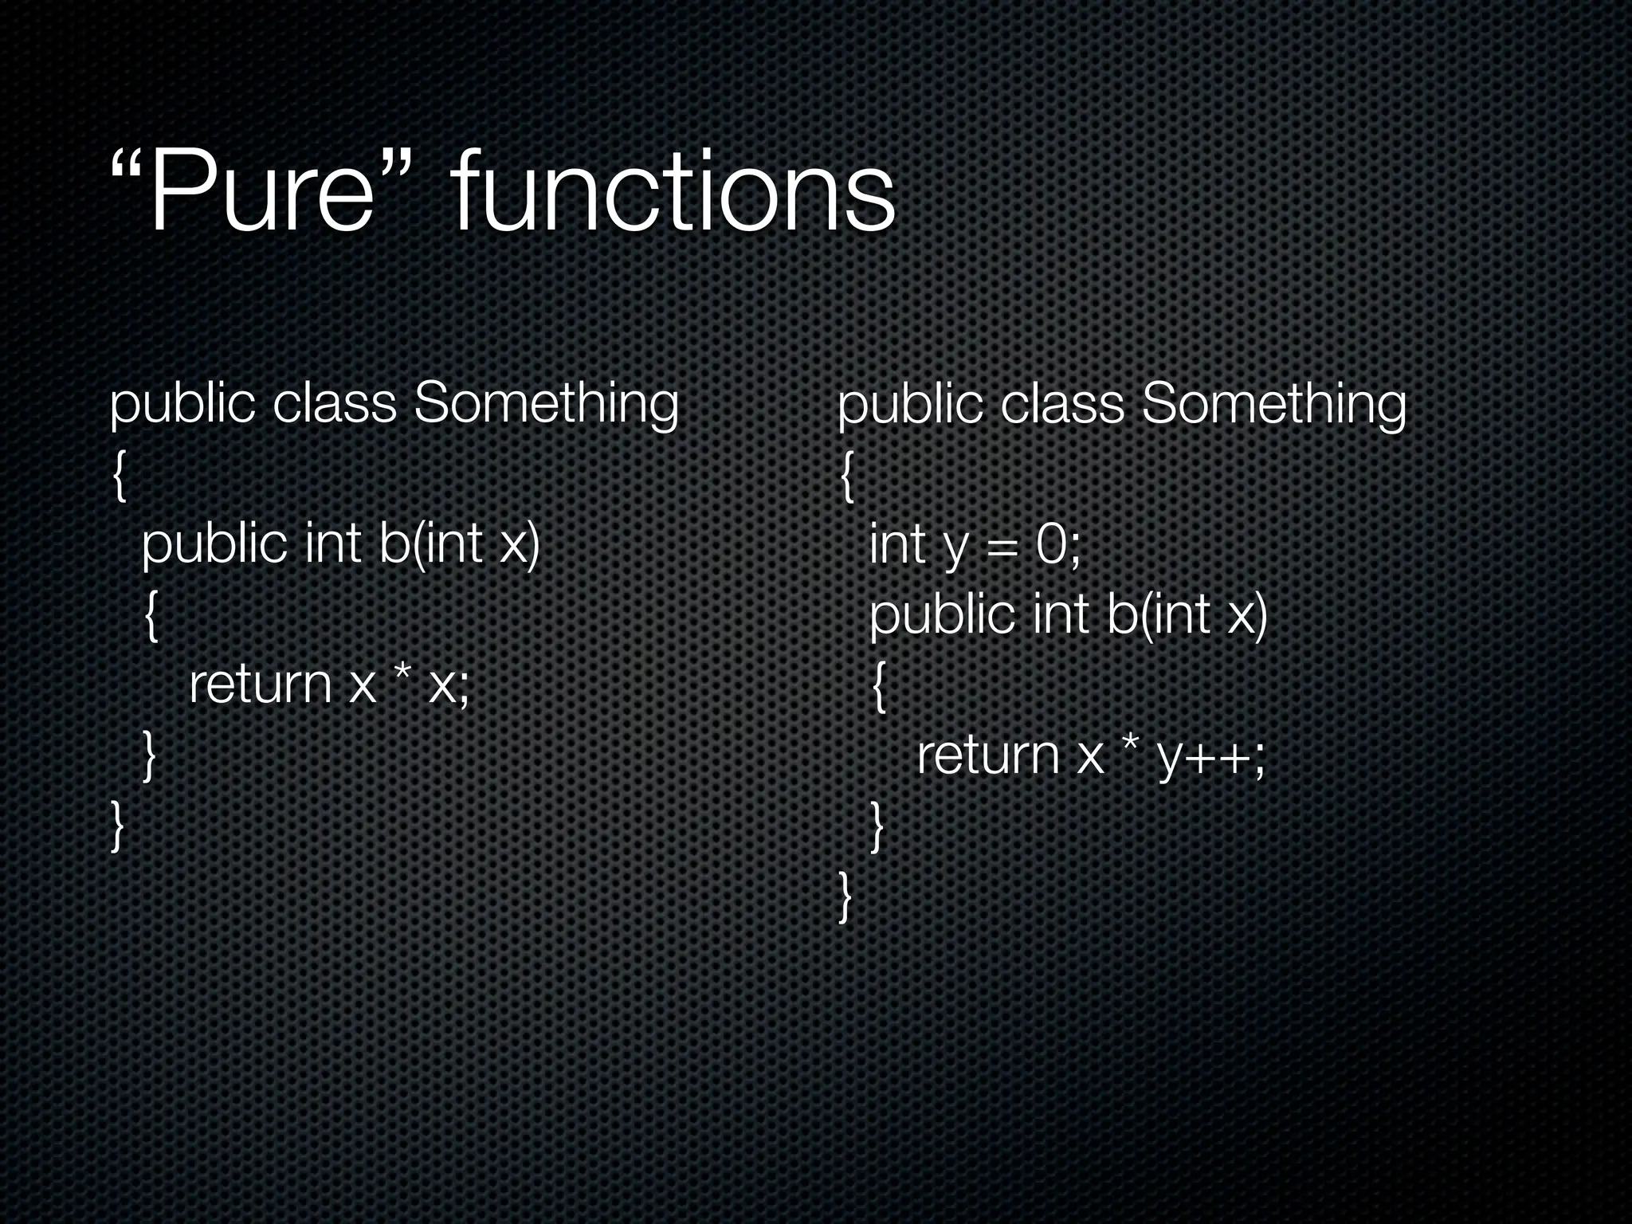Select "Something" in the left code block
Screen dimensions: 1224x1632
click(x=546, y=404)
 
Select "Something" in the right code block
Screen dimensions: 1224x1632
click(x=1273, y=404)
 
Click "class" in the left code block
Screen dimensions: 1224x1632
click(x=334, y=404)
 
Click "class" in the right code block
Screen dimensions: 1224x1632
click(x=1061, y=404)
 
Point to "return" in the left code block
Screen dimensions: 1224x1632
click(x=260, y=685)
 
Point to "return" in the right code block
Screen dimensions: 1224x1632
click(x=987, y=755)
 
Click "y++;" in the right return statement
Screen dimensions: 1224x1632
click(x=1211, y=757)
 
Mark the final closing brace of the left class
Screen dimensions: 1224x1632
click(x=118, y=826)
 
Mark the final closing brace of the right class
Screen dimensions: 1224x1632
click(x=845, y=896)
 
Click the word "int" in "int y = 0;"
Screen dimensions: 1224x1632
click(x=897, y=545)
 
